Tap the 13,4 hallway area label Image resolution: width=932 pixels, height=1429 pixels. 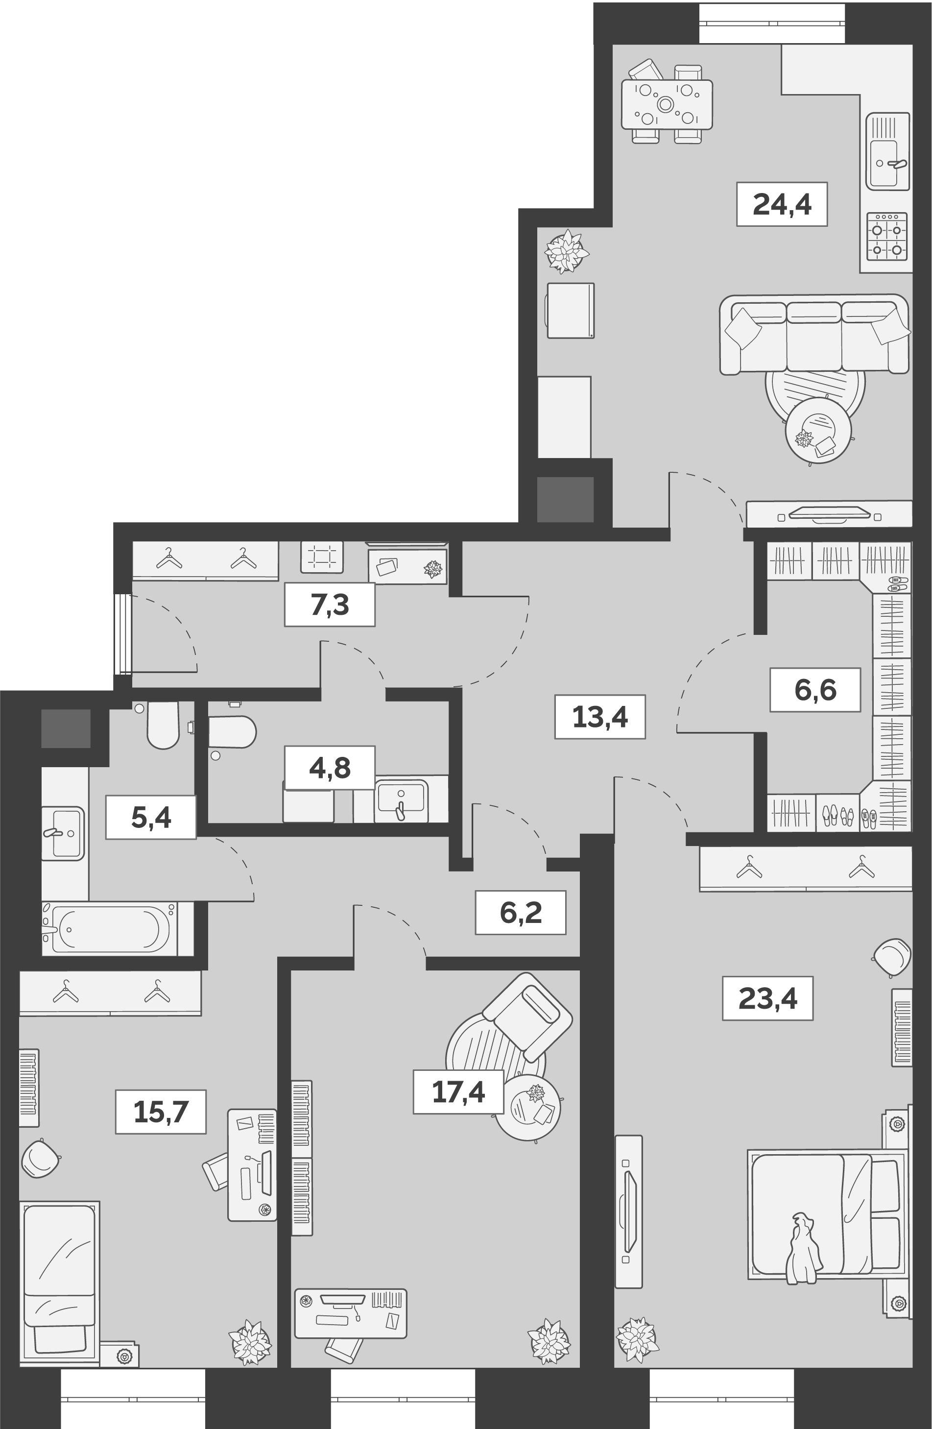click(x=599, y=716)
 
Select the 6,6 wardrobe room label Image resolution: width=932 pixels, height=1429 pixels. click(x=814, y=690)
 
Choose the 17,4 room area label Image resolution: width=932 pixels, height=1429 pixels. click(x=458, y=1091)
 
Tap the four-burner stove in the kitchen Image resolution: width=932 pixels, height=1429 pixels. click(x=886, y=237)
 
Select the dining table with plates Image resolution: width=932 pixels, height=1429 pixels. click(x=666, y=104)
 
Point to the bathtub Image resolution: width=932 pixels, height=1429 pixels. click(x=109, y=928)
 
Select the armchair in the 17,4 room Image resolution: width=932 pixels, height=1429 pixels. click(x=527, y=1016)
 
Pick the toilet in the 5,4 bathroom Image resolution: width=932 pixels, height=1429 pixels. click(x=163, y=726)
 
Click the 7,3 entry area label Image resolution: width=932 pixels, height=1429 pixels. click(x=330, y=605)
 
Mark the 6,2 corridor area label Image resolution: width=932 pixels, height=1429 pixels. click(x=520, y=912)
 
